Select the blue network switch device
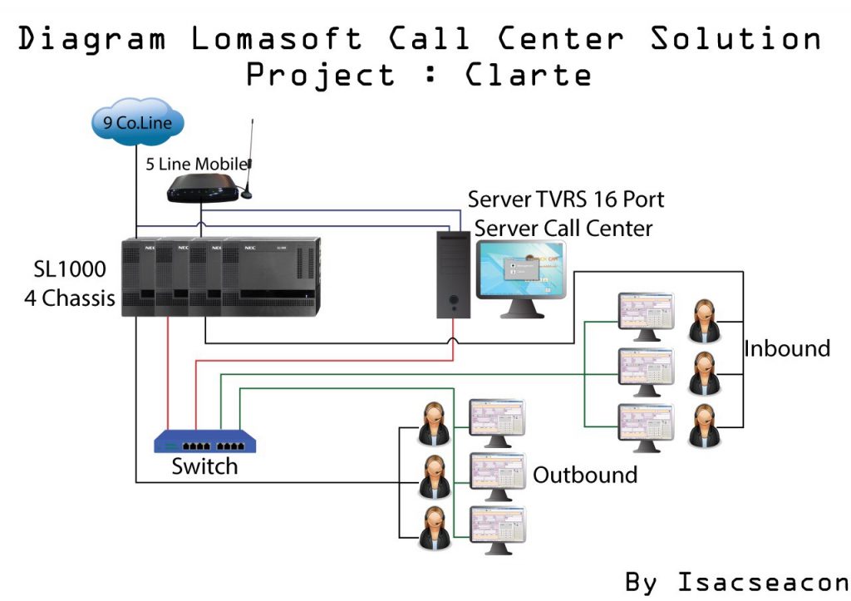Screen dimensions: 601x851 (x=205, y=441)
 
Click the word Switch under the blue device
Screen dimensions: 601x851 (x=204, y=466)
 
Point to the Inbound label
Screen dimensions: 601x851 (x=786, y=347)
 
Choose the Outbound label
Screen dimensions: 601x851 (x=584, y=475)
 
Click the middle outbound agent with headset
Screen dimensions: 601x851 (x=434, y=475)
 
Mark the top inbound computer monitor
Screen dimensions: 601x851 (x=646, y=313)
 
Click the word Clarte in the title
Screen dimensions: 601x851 (x=529, y=76)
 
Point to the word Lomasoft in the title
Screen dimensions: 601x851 (x=276, y=38)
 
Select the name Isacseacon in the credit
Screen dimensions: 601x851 (x=763, y=581)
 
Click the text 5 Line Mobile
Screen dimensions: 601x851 (x=197, y=164)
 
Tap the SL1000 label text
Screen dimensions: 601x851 (x=70, y=268)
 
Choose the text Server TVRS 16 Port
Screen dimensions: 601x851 (x=566, y=200)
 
